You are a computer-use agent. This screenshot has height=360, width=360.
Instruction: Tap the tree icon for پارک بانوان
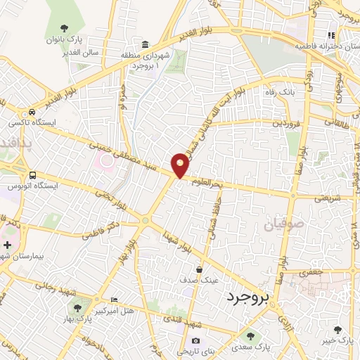65,29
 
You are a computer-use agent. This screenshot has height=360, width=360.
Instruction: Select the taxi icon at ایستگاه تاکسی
32,112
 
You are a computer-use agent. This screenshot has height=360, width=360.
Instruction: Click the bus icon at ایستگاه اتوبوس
32,175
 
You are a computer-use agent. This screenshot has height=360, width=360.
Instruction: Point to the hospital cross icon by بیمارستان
7,245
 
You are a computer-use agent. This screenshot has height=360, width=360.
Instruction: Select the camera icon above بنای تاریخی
195,342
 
